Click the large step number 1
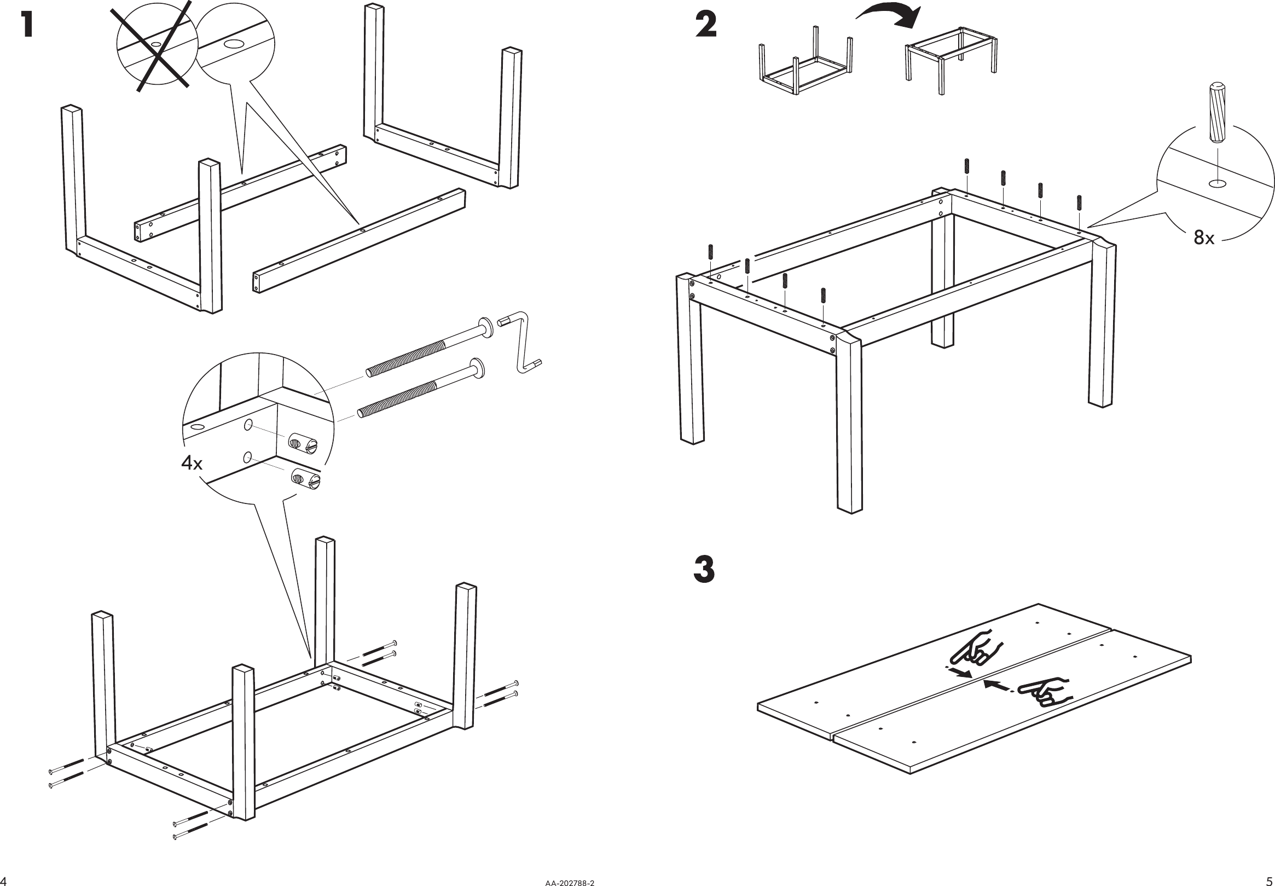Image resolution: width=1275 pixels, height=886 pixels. [26, 26]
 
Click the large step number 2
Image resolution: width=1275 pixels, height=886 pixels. [705, 26]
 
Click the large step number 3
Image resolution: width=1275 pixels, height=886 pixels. [704, 570]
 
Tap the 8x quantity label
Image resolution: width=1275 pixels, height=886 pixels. [1204, 238]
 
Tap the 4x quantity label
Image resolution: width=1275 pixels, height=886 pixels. [192, 462]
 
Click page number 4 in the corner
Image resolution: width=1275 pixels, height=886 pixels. [5, 880]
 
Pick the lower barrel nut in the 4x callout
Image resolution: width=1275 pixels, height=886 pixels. [306, 478]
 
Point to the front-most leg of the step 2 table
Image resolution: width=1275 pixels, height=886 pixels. [849, 422]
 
